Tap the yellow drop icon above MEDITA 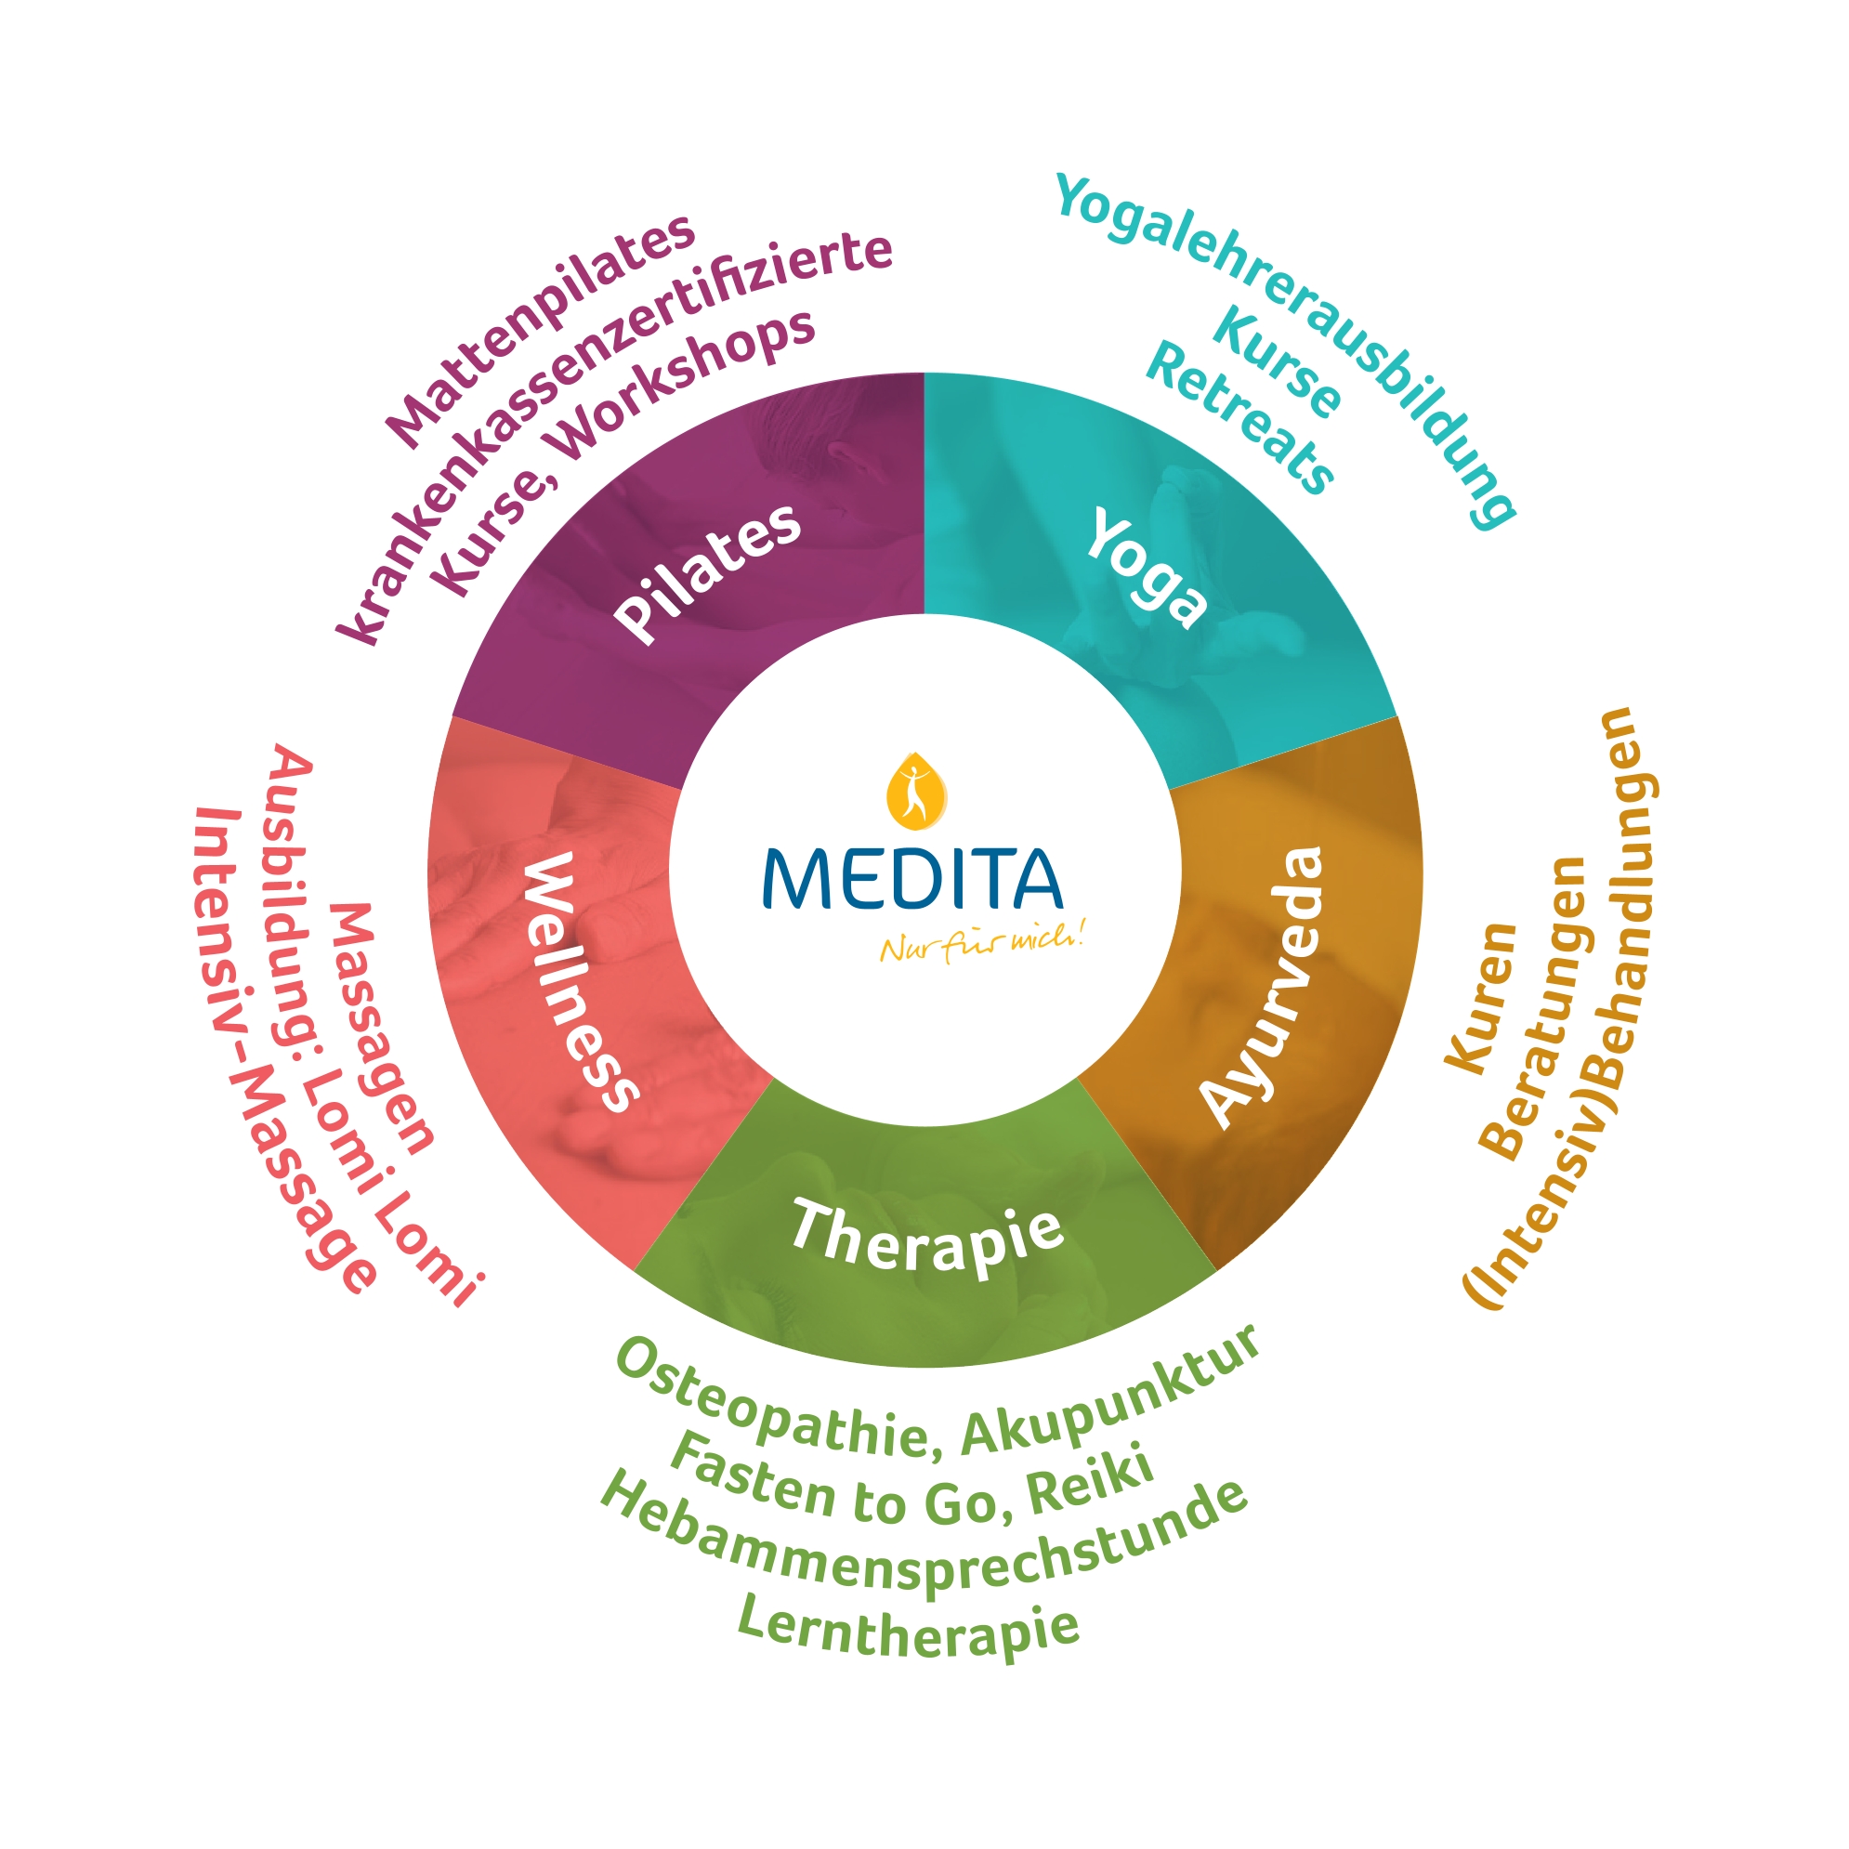(916, 790)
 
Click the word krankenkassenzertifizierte (612, 421)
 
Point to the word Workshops (685, 383)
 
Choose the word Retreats (1239, 417)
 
